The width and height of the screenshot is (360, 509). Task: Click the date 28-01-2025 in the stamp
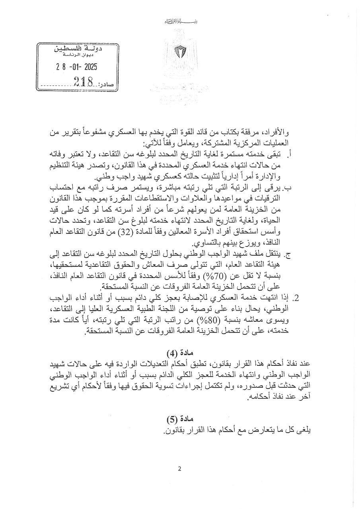77,67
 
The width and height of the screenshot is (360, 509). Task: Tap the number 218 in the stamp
83,82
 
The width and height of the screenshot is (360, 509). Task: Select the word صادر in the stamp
105,84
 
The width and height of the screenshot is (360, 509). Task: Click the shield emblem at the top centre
180,51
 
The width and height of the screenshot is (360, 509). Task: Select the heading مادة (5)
180,418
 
